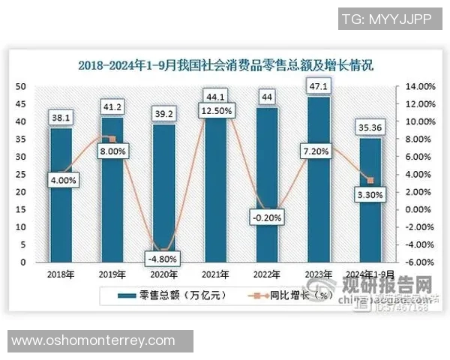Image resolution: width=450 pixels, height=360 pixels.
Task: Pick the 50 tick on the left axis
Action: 22,86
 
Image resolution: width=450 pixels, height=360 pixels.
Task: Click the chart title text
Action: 225,65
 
